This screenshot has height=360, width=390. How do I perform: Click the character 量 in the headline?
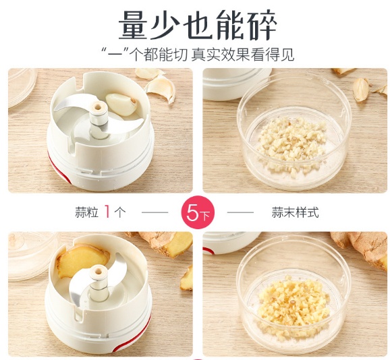pos(134,26)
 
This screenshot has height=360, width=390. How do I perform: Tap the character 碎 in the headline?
pos(262,26)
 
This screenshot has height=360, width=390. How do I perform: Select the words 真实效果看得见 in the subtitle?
pos(242,55)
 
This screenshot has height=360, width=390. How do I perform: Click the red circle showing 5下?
pos(198,212)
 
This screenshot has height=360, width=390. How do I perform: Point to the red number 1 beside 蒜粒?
pos(107,212)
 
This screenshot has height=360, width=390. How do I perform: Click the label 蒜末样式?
pos(295,212)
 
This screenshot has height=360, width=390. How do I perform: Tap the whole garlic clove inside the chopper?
pos(122,104)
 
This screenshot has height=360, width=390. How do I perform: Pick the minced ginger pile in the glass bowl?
pos(294,303)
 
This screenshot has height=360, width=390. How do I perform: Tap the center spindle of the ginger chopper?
pos(99,283)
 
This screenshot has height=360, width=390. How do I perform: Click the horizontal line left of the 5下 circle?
pos(155,212)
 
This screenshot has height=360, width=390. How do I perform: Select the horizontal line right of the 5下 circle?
pos(240,212)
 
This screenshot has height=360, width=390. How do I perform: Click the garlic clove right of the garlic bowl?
pos(360,89)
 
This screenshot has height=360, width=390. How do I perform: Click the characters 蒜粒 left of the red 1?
pos(87,212)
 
